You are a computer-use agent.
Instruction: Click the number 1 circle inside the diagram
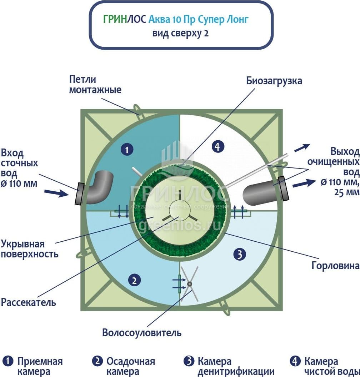point(127,150)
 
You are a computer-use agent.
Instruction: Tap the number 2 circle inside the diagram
point(134,280)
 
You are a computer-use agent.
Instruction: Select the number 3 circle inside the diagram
point(240,254)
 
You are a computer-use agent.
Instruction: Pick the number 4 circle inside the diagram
point(218,146)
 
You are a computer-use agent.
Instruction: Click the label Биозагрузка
point(274,81)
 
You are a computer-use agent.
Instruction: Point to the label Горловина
point(335,266)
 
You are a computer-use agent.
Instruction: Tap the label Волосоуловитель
point(142,333)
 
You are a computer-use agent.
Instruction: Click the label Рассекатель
point(28,302)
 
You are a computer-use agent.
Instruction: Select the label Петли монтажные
point(95,84)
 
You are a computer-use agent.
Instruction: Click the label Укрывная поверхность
point(30,249)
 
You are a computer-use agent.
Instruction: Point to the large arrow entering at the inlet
point(57,193)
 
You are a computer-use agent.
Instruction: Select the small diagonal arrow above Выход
point(302,148)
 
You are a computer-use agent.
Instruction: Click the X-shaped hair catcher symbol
point(190,284)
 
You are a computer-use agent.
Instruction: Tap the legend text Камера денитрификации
point(236,366)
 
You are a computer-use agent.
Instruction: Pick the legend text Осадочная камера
point(131,366)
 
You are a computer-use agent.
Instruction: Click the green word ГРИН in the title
point(115,19)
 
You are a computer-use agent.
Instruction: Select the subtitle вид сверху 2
point(180,33)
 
